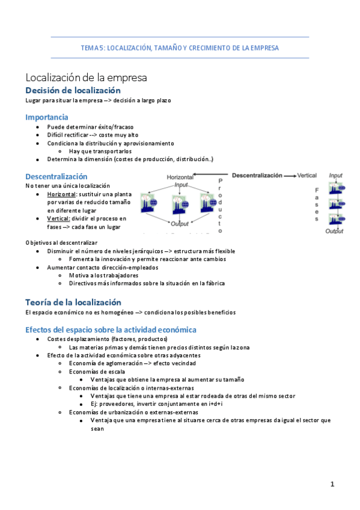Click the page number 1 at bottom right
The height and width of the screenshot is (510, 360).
tap(332, 484)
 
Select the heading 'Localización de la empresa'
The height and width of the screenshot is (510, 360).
tap(86, 78)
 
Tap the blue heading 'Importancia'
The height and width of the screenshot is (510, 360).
tap(46, 117)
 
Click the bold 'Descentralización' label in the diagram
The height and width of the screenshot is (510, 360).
tap(257, 175)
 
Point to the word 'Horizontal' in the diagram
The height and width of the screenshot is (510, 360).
tap(180, 178)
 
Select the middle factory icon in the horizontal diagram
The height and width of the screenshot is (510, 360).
tap(178, 203)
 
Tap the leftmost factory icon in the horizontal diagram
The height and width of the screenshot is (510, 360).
tap(148, 203)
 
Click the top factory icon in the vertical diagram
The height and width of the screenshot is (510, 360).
tap(335, 188)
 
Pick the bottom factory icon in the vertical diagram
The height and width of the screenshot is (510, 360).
tap(335, 218)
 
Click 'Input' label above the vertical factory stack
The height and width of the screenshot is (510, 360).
tap(336, 176)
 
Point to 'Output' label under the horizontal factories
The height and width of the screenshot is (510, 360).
tap(180, 224)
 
